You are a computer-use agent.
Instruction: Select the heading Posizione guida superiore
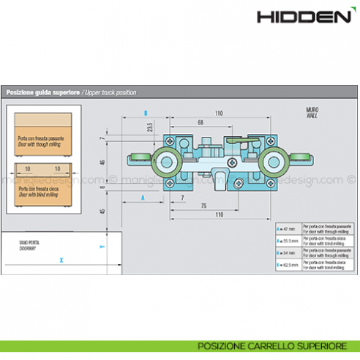point(44,93)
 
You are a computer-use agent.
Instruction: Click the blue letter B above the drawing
point(146,113)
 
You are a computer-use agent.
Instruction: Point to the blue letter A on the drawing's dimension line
point(143,198)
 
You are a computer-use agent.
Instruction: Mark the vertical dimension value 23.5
point(149,128)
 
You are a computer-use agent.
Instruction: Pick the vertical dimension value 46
point(104,162)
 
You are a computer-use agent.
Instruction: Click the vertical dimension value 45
point(104,212)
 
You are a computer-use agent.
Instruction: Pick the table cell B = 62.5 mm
point(288,266)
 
